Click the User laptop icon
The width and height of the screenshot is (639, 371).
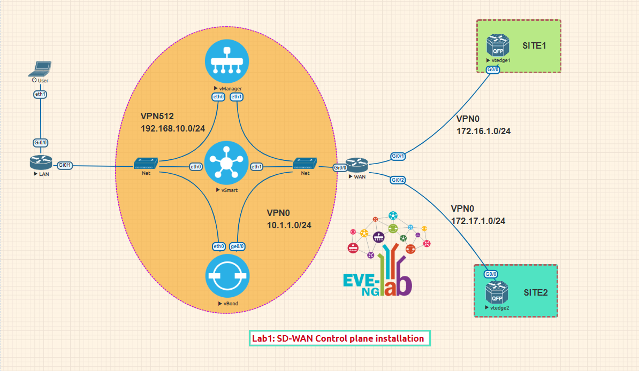[x=41, y=68]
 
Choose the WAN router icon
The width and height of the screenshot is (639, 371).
[x=355, y=164]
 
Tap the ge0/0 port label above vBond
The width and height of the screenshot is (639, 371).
[x=237, y=246]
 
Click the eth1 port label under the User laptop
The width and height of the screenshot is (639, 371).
[x=41, y=94]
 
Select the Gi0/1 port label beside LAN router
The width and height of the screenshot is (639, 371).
[x=64, y=165]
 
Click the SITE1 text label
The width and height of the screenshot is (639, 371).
[x=534, y=46]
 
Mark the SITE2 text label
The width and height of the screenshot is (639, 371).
[x=536, y=292]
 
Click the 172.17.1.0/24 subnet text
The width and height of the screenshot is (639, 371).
[x=478, y=220]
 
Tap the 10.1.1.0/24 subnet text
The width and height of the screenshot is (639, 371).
[x=289, y=225]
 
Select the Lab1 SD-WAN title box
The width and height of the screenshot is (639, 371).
[x=339, y=338]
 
